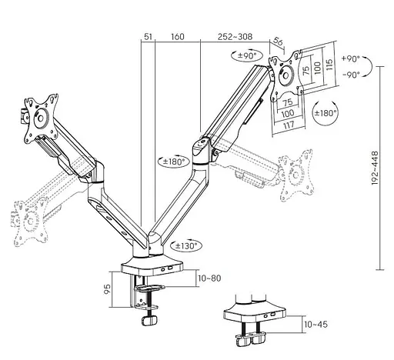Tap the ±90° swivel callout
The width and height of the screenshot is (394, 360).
coord(248,55)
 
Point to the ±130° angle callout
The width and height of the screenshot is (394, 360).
coord(186,245)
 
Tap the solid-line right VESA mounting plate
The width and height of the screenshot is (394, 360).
coord(286,75)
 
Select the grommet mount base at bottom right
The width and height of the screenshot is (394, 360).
coord(248,316)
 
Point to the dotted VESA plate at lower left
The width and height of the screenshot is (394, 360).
coord(29,224)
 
